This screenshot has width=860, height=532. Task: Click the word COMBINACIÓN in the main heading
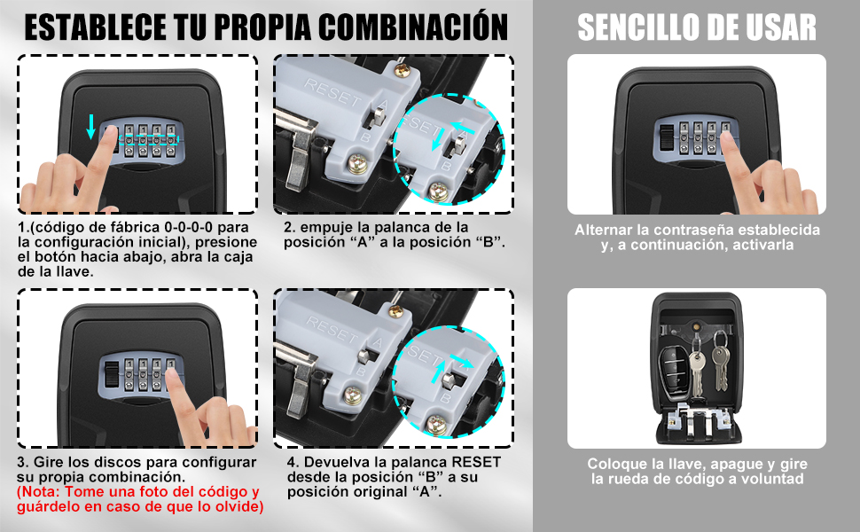pos(413,27)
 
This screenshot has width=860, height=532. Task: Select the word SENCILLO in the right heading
pos(636,27)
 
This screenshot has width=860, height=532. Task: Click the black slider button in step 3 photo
pos(112,372)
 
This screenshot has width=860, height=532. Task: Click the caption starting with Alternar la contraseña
pos(697,237)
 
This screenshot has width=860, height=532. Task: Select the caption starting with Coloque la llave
pos(697,471)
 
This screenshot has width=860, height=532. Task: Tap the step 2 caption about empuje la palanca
pos(395,235)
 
